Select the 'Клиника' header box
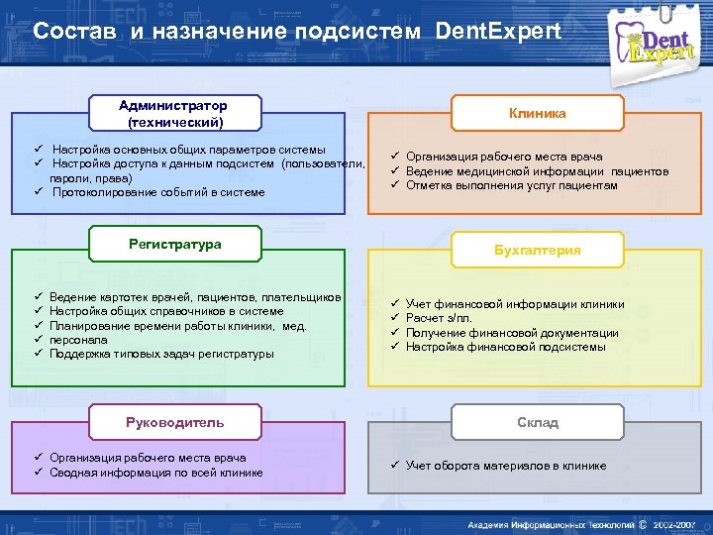538,113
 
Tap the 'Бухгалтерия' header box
538,251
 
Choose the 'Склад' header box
538,422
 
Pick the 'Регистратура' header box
175,245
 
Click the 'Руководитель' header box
175,422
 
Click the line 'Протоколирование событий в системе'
158,192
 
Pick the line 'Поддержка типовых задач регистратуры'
161,354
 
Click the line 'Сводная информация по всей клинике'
156,473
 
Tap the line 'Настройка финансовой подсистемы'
505,347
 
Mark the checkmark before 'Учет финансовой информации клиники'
393,304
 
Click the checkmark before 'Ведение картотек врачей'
37,297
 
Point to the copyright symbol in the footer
642,524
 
